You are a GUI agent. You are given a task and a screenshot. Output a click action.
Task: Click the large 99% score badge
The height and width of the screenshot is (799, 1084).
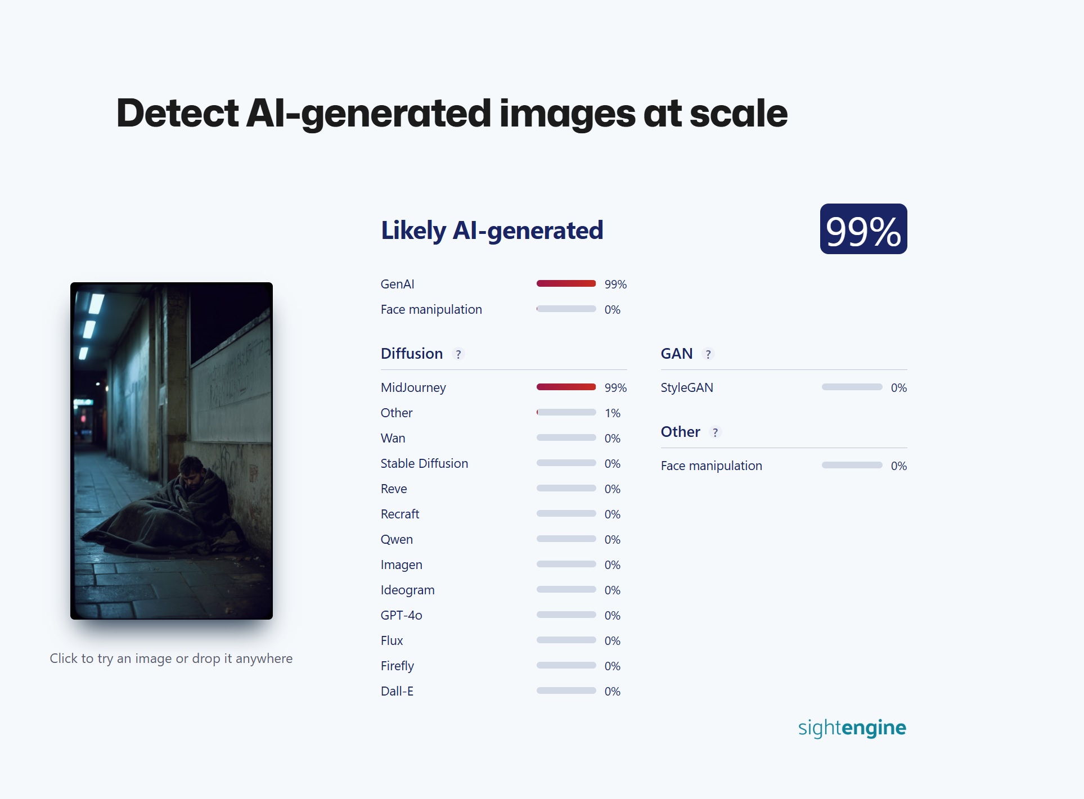click(x=863, y=229)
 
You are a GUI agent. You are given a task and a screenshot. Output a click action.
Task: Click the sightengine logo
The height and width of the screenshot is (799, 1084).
click(x=852, y=728)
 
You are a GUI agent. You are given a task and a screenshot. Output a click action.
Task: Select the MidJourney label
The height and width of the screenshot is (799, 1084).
click(x=413, y=388)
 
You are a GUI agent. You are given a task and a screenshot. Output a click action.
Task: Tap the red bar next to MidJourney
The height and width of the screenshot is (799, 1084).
click(x=566, y=387)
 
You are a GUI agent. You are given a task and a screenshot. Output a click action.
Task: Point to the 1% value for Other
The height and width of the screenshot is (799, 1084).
click(x=613, y=413)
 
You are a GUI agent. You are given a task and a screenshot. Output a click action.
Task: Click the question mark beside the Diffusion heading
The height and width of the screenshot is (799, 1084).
click(x=458, y=354)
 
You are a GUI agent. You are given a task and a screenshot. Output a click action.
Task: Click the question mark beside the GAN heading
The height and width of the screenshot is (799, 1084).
click(x=708, y=354)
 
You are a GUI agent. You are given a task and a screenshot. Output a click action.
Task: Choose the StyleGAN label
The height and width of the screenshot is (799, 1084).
click(x=687, y=388)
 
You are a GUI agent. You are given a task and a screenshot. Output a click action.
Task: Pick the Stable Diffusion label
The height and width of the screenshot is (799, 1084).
click(x=424, y=464)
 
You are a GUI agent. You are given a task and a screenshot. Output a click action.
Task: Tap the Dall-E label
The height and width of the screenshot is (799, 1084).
click(x=397, y=692)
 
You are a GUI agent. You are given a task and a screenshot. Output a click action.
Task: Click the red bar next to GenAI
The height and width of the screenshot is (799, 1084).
click(x=566, y=283)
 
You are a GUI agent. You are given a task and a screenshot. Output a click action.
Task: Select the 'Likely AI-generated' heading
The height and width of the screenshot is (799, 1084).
click(x=492, y=231)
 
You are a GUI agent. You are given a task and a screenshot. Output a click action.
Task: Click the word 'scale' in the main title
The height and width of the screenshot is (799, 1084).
click(x=739, y=113)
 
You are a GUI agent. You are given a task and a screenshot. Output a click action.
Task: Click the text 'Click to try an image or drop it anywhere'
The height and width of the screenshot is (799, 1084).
click(x=171, y=658)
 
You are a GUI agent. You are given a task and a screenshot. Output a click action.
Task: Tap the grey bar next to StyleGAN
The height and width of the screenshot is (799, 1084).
click(x=852, y=387)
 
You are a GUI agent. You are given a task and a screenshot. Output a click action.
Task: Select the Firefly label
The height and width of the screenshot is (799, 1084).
click(x=397, y=666)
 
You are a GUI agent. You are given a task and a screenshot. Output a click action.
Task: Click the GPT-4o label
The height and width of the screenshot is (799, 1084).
click(x=401, y=616)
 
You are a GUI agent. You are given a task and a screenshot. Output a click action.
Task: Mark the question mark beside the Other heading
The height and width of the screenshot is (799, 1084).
click(x=715, y=432)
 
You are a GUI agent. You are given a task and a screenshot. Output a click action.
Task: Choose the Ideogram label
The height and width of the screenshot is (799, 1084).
click(x=407, y=590)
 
